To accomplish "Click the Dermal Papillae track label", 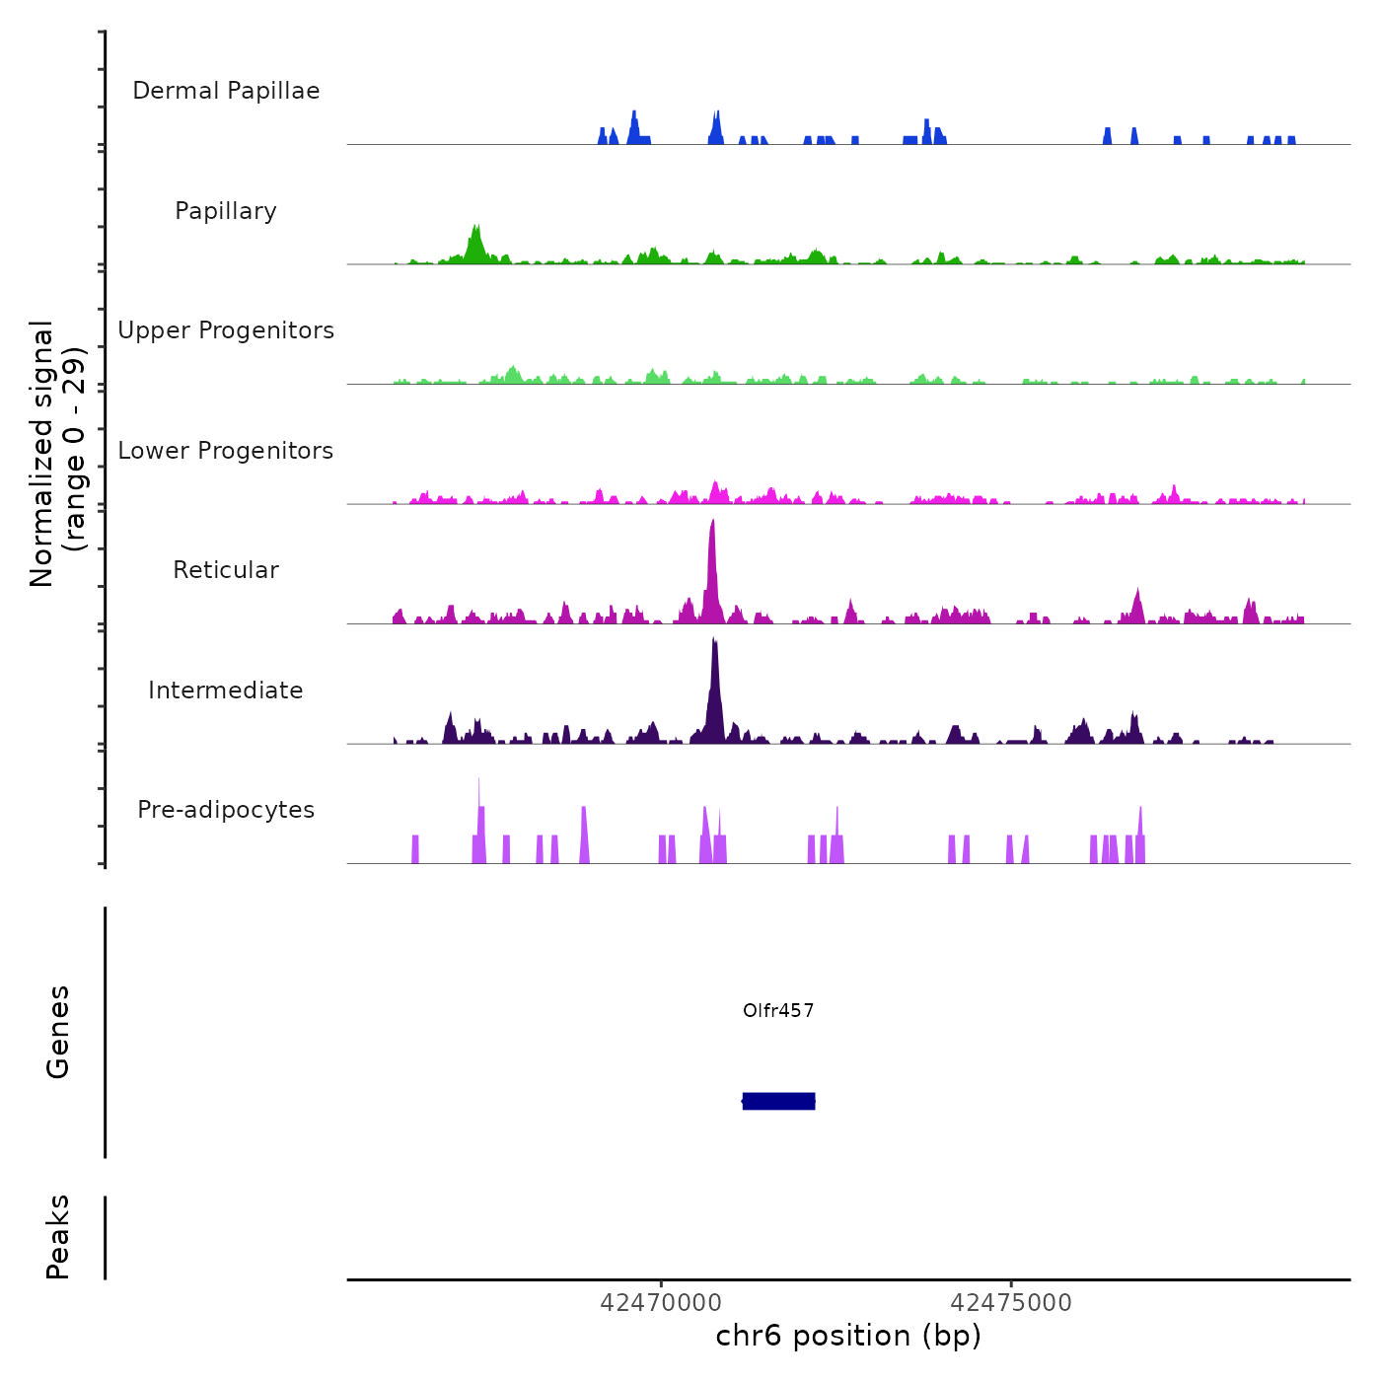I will point(226,91).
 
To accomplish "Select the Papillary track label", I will point(226,211).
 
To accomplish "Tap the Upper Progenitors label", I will point(226,330).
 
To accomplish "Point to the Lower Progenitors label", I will point(226,451).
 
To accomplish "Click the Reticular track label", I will point(226,570).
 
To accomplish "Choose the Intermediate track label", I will point(226,690).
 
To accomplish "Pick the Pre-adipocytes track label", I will point(226,810).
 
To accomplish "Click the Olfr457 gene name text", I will point(778,1010).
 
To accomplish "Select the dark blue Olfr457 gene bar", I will point(778,1101).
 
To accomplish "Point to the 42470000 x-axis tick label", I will point(661,1303).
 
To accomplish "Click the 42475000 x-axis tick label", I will point(1011,1303).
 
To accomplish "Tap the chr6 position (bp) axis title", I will point(848,1336).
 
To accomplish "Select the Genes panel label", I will point(58,1032).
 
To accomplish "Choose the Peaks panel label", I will point(58,1237).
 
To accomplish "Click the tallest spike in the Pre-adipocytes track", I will point(479,789).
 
